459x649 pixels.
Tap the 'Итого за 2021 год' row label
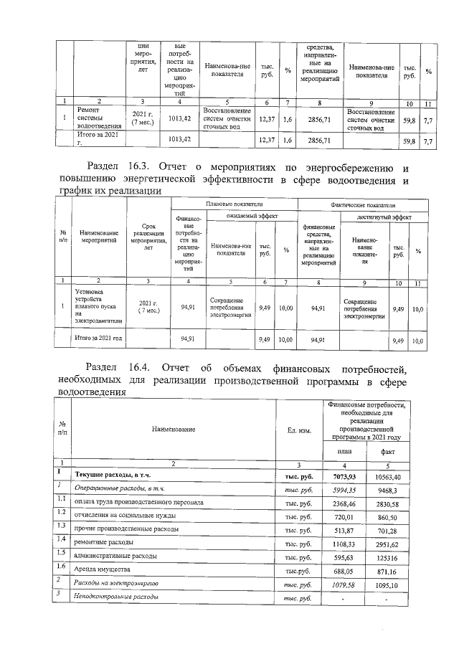[x=99, y=338]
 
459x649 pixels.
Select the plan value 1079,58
[x=344, y=584]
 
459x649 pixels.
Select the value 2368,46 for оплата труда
[x=344, y=503]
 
